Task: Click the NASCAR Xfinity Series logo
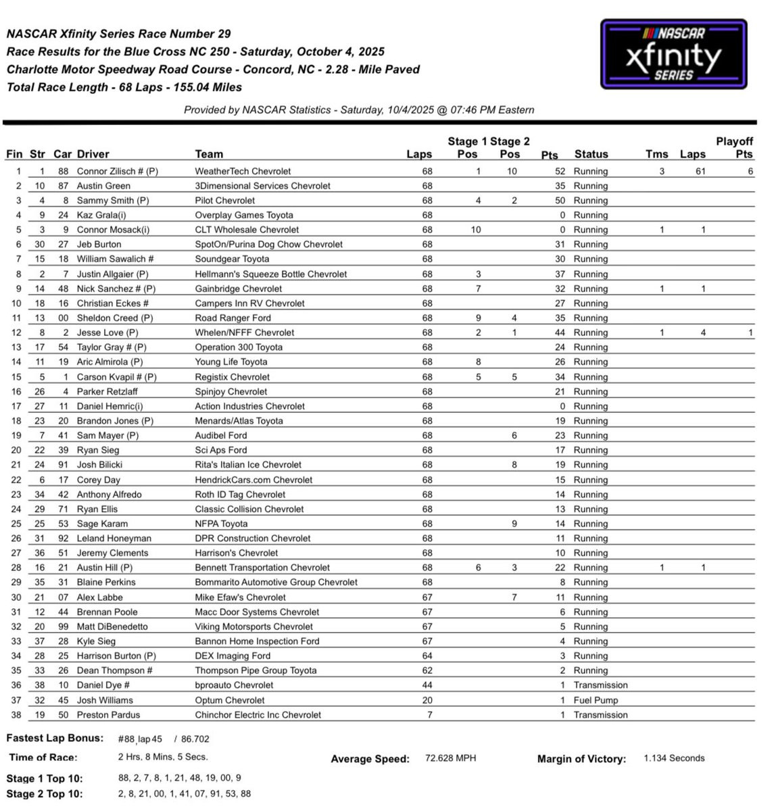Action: [x=673, y=54]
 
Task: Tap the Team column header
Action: [x=209, y=154]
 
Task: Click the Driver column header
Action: [x=93, y=154]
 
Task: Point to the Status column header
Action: [x=591, y=154]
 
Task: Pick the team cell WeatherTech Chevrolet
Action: [x=243, y=172]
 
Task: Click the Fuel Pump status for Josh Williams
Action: [x=596, y=700]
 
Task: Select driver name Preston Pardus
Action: [x=108, y=715]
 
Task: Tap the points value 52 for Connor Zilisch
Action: [x=560, y=172]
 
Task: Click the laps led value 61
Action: [x=700, y=172]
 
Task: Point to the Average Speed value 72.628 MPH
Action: [x=450, y=758]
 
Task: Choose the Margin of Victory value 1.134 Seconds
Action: [x=674, y=758]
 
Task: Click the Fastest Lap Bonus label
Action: [x=55, y=738]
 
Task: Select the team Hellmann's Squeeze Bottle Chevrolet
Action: [x=270, y=274]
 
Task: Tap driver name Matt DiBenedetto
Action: [x=112, y=626]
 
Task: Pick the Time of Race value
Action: [x=163, y=757]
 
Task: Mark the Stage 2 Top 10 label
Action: [x=45, y=794]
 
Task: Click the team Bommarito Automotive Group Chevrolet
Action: [x=276, y=583]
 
